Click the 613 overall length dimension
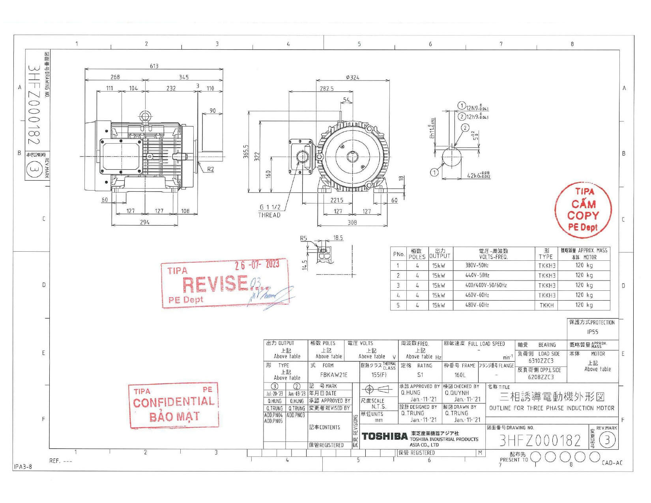click(154, 66)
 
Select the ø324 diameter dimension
click(352, 77)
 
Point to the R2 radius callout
click(211, 169)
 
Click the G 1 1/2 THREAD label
click(269, 211)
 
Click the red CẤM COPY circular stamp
click(583, 209)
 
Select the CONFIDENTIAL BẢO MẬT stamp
click(174, 406)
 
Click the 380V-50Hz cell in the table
click(477, 266)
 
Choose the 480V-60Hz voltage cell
click(477, 305)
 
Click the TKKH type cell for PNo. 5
click(546, 305)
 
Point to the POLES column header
click(417, 254)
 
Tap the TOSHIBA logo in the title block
click(384, 436)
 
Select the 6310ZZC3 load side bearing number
click(541, 361)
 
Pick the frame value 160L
click(460, 375)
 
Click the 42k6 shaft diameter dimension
click(478, 176)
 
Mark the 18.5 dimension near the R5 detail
click(338, 238)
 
